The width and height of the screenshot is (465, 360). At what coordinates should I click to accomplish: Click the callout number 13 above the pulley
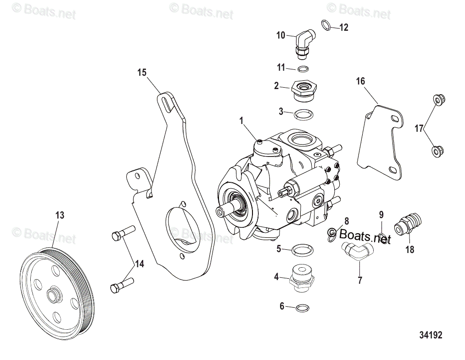click(x=60, y=214)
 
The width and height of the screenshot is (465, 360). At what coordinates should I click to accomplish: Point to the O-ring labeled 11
click(x=303, y=69)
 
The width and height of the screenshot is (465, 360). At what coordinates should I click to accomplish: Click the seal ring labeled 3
click(x=302, y=113)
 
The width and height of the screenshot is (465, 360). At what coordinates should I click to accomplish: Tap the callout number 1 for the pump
click(x=241, y=121)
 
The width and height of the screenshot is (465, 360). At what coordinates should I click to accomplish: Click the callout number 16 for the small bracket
click(x=360, y=81)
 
